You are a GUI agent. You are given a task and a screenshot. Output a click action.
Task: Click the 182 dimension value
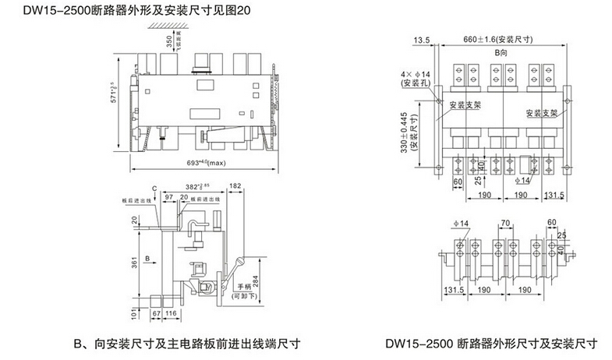(236, 187)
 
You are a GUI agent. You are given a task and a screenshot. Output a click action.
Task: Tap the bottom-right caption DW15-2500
(491, 342)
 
